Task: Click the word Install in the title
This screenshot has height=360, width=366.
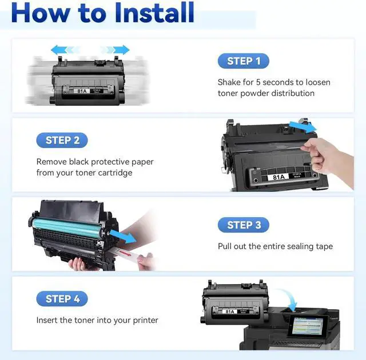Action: click(x=154, y=12)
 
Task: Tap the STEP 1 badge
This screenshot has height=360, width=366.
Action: click(x=244, y=61)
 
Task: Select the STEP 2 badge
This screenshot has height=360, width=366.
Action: click(x=62, y=140)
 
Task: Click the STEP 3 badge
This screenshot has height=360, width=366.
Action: click(x=244, y=225)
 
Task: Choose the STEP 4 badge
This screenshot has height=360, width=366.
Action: click(x=62, y=299)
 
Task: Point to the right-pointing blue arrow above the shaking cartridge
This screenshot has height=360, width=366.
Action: click(x=115, y=50)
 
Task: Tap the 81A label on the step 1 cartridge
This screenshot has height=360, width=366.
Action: click(x=82, y=91)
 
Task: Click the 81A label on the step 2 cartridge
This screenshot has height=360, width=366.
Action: click(x=279, y=177)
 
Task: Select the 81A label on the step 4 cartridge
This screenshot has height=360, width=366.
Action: click(x=230, y=311)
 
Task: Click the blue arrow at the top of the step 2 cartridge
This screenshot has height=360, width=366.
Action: click(x=303, y=127)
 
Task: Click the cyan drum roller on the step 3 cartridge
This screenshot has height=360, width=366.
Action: click(x=67, y=227)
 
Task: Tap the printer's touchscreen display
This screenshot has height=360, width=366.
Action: click(x=308, y=326)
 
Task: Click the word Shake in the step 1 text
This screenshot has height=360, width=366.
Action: click(x=229, y=82)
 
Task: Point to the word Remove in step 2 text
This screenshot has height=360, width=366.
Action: click(x=51, y=162)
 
